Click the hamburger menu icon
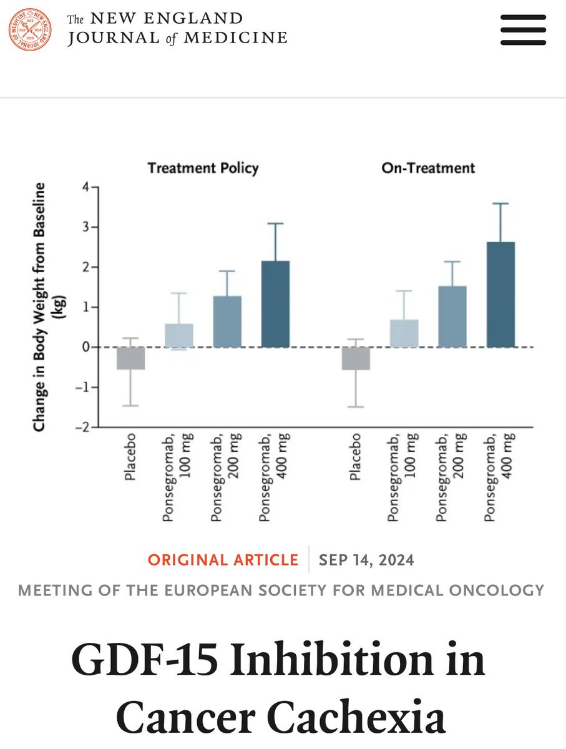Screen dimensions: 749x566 pyautogui.click(x=523, y=29)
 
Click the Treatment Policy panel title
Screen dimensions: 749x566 pyautogui.click(x=203, y=168)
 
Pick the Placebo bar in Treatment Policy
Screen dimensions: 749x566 pyautogui.click(x=131, y=358)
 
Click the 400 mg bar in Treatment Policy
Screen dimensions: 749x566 pyautogui.click(x=275, y=304)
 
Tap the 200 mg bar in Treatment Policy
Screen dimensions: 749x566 pyautogui.click(x=227, y=321)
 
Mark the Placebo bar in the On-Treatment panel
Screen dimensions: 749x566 pyautogui.click(x=356, y=358)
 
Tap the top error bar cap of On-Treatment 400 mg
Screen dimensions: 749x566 pyautogui.click(x=500, y=203)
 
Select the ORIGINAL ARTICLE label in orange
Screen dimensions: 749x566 pyautogui.click(x=223, y=560)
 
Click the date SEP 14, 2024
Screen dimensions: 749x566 pyautogui.click(x=366, y=560)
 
